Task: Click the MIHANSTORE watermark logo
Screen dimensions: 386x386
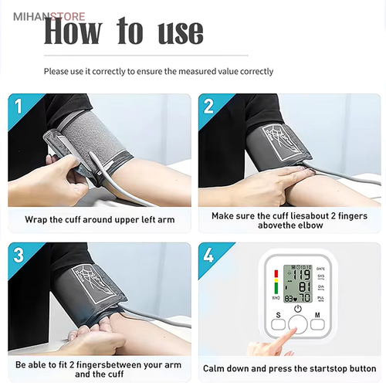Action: [49, 17]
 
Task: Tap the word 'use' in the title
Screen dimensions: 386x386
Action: [181, 33]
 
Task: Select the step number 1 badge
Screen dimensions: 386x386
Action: [18, 107]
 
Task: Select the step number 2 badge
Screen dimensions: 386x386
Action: [208, 107]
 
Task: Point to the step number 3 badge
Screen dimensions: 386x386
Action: [19, 256]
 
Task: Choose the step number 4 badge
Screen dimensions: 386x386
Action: [208, 256]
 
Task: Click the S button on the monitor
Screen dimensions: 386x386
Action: [278, 324]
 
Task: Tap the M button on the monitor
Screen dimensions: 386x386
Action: [317, 324]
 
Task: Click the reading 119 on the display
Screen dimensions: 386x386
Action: [302, 275]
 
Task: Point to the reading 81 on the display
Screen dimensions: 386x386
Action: [305, 287]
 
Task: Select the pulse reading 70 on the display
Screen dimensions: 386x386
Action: [305, 298]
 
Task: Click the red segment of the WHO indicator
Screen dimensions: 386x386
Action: [276, 274]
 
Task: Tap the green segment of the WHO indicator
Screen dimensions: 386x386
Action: [276, 288]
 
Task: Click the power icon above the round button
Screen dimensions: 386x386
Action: [298, 308]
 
